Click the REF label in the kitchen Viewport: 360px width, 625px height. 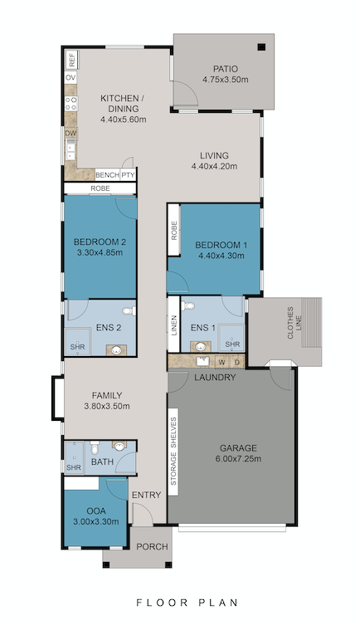[x=72, y=60]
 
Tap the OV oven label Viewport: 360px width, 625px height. [x=72, y=80]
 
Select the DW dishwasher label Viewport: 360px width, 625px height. [x=72, y=133]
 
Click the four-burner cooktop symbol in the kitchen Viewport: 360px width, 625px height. [x=72, y=105]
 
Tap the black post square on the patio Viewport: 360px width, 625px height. [x=260, y=47]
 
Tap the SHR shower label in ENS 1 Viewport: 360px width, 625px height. [x=233, y=344]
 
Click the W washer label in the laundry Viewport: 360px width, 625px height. [x=221, y=362]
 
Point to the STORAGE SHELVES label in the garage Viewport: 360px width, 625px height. [x=174, y=452]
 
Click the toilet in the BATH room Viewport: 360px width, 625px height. [x=121, y=448]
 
